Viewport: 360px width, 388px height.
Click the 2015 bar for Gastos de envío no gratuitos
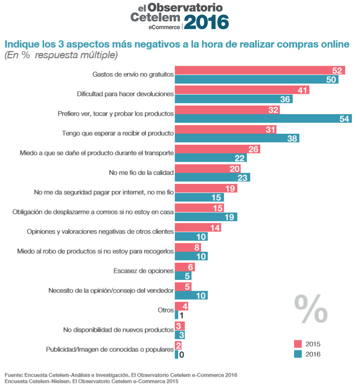pyautogui.click(x=260, y=71)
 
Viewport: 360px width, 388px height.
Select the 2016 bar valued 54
pyautogui.click(x=263, y=119)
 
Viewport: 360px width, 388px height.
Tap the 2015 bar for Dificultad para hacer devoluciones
pyautogui.click(x=242, y=90)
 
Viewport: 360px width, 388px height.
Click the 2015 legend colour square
pyautogui.click(x=298, y=344)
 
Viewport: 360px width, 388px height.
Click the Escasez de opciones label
pyautogui.click(x=143, y=271)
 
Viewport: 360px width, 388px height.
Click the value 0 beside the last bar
pyautogui.click(x=181, y=355)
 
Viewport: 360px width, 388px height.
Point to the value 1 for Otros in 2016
pyautogui.click(x=181, y=315)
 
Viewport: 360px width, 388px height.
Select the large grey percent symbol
pyautogui.click(x=311, y=309)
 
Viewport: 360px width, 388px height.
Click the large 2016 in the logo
pyautogui.click(x=206, y=22)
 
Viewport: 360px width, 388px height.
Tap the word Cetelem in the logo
pyautogui.click(x=155, y=17)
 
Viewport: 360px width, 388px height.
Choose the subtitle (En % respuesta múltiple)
pyautogui.click(x=61, y=55)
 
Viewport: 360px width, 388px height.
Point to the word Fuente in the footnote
pyautogui.click(x=15, y=375)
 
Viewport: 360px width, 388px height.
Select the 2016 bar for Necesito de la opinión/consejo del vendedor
pyautogui.click(x=191, y=295)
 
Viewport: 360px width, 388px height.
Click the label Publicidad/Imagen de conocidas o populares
pyautogui.click(x=109, y=349)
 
